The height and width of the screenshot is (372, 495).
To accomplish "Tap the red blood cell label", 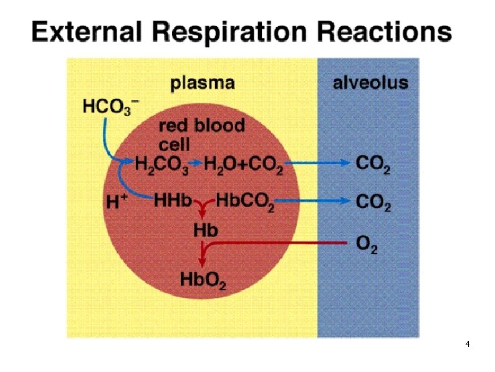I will [x=201, y=134].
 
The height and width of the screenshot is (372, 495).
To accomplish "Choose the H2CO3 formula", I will [x=161, y=165].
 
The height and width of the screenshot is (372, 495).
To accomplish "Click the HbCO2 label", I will [x=244, y=202].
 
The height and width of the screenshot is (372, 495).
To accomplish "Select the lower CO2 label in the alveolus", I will [x=373, y=203].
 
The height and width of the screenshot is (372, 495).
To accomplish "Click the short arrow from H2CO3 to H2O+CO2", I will [x=196, y=164].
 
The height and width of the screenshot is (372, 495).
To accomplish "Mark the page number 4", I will [x=468, y=345].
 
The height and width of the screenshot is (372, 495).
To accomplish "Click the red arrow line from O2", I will [x=281, y=242].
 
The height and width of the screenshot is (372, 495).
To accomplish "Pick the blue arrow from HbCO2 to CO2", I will [x=312, y=201].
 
